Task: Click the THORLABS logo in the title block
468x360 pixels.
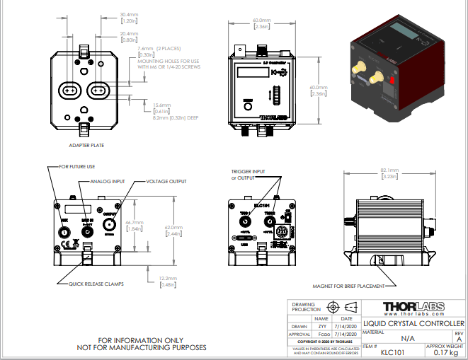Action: click(413, 307)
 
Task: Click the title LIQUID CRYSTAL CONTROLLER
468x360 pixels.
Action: click(413, 323)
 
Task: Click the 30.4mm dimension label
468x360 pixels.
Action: click(128, 14)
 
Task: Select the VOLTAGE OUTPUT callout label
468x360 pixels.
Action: click(166, 181)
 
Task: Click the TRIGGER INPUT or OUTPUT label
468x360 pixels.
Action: click(249, 174)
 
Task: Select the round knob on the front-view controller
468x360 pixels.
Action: click(249, 108)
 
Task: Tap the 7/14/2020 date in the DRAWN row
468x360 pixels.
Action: click(346, 326)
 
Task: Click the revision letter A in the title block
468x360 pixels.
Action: click(459, 339)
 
